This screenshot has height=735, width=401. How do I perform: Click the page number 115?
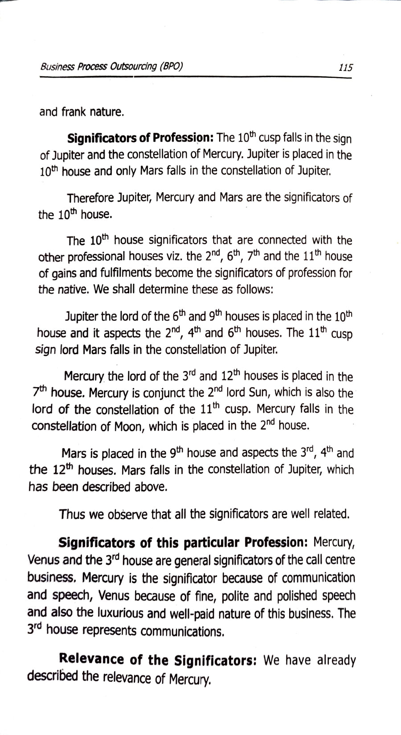345,68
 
